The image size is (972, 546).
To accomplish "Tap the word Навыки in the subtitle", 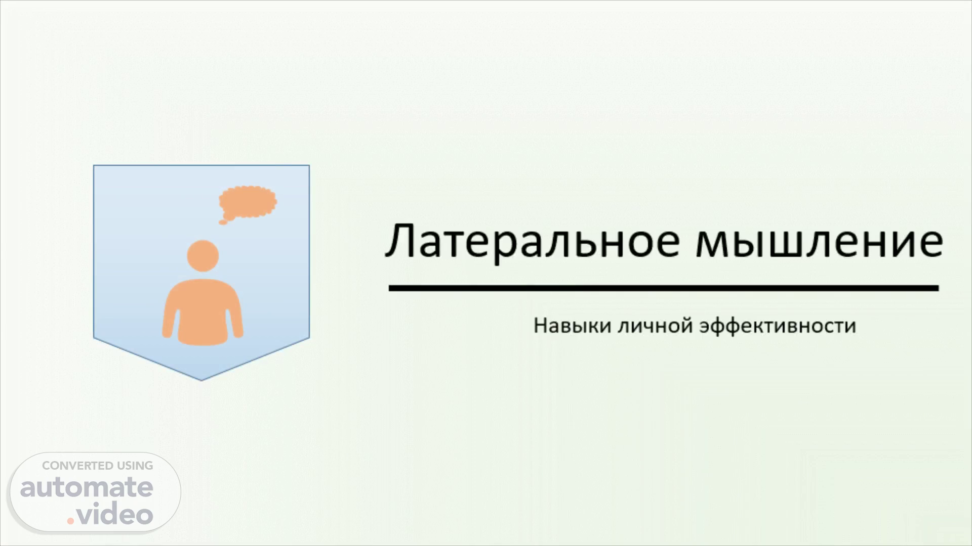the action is [573, 326].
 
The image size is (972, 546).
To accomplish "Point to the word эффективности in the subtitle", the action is [778, 326].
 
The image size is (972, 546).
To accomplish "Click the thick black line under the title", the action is [664, 288].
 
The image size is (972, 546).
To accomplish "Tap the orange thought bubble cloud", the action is [248, 202].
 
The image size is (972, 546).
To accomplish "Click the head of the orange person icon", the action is [202, 255].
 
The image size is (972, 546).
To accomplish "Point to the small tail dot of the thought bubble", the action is [222, 221].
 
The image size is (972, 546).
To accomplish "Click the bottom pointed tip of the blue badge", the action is [201, 380].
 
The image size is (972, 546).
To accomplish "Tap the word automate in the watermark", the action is [87, 488].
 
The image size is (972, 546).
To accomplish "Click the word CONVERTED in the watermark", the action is [77, 466].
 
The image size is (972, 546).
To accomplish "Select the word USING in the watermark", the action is [135, 466].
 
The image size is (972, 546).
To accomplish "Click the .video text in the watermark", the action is [110, 514].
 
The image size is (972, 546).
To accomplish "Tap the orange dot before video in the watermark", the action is [71, 521].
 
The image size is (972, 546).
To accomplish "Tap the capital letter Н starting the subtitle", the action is [541, 326].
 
